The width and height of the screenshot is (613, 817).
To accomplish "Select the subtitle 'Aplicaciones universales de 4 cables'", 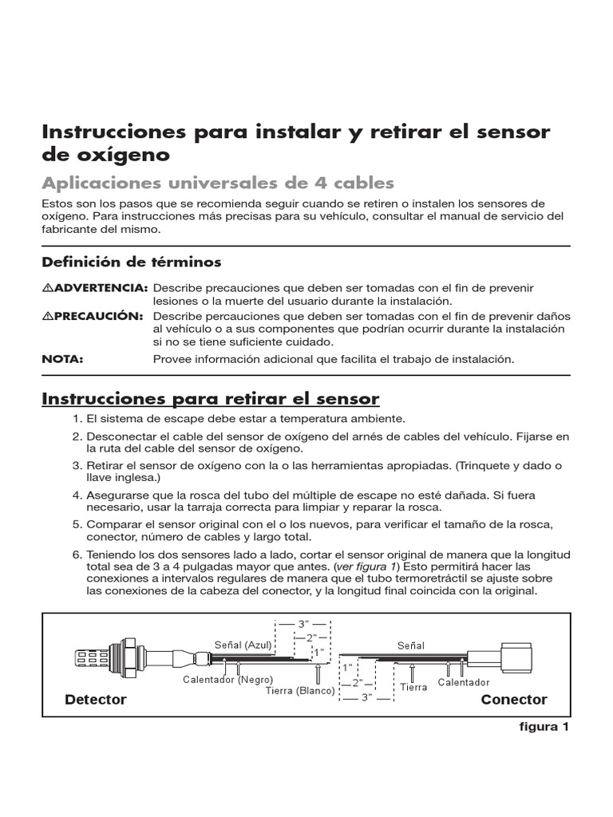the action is (218, 183).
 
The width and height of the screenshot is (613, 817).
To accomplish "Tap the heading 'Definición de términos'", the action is (132, 262).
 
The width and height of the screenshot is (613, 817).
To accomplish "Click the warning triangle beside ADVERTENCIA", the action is (48, 287).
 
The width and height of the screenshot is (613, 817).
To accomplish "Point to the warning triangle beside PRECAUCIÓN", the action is (48, 316).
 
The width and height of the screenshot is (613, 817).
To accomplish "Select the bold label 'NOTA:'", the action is (62, 359).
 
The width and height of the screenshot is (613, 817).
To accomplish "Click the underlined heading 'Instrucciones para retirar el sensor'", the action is (211, 399).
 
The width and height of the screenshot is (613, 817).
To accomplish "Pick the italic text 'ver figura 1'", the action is (366, 566).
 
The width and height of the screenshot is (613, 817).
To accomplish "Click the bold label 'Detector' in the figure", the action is (96, 699).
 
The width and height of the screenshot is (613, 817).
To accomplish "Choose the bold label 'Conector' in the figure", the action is (514, 699).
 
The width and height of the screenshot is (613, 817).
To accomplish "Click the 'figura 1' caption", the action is (544, 726).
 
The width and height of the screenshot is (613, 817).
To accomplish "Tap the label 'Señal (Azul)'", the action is (243, 645).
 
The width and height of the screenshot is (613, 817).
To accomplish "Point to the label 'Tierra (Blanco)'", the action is (300, 691).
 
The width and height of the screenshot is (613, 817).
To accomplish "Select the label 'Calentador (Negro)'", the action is (227, 680).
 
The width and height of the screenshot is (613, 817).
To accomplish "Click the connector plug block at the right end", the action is (516, 657).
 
